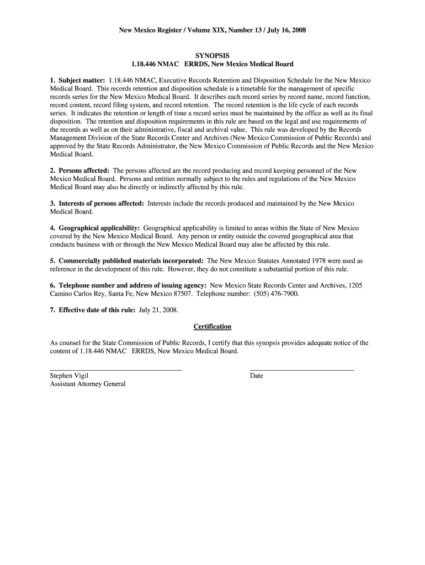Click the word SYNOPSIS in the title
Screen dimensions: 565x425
pos(212,56)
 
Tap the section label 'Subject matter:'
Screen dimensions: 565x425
pos(82,81)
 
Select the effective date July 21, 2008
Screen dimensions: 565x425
pos(158,310)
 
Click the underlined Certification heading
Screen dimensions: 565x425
pos(212,327)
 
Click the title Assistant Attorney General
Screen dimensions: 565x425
pos(88,384)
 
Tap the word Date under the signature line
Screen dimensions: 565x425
pos(257,376)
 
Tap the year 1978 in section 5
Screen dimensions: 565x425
pos(322,260)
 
